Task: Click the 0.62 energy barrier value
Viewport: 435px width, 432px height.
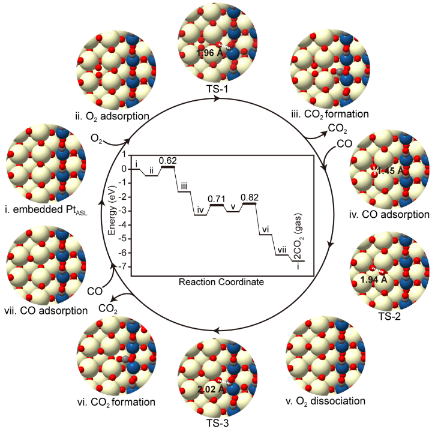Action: point(169,161)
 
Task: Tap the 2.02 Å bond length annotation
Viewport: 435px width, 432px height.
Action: point(211,389)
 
